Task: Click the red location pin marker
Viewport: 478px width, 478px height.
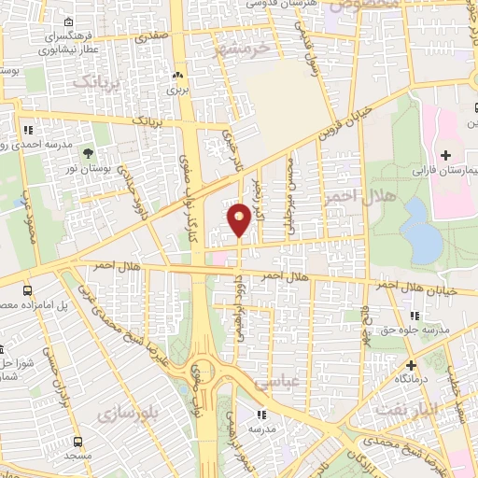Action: [x=240, y=218]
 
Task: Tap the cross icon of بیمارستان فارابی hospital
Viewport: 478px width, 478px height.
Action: [x=445, y=154]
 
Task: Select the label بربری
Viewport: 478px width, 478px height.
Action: [x=177, y=91]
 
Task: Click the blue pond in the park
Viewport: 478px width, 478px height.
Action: [x=426, y=237]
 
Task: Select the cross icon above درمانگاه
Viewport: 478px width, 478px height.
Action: [x=411, y=364]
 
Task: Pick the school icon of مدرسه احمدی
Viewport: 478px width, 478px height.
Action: [x=29, y=130]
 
